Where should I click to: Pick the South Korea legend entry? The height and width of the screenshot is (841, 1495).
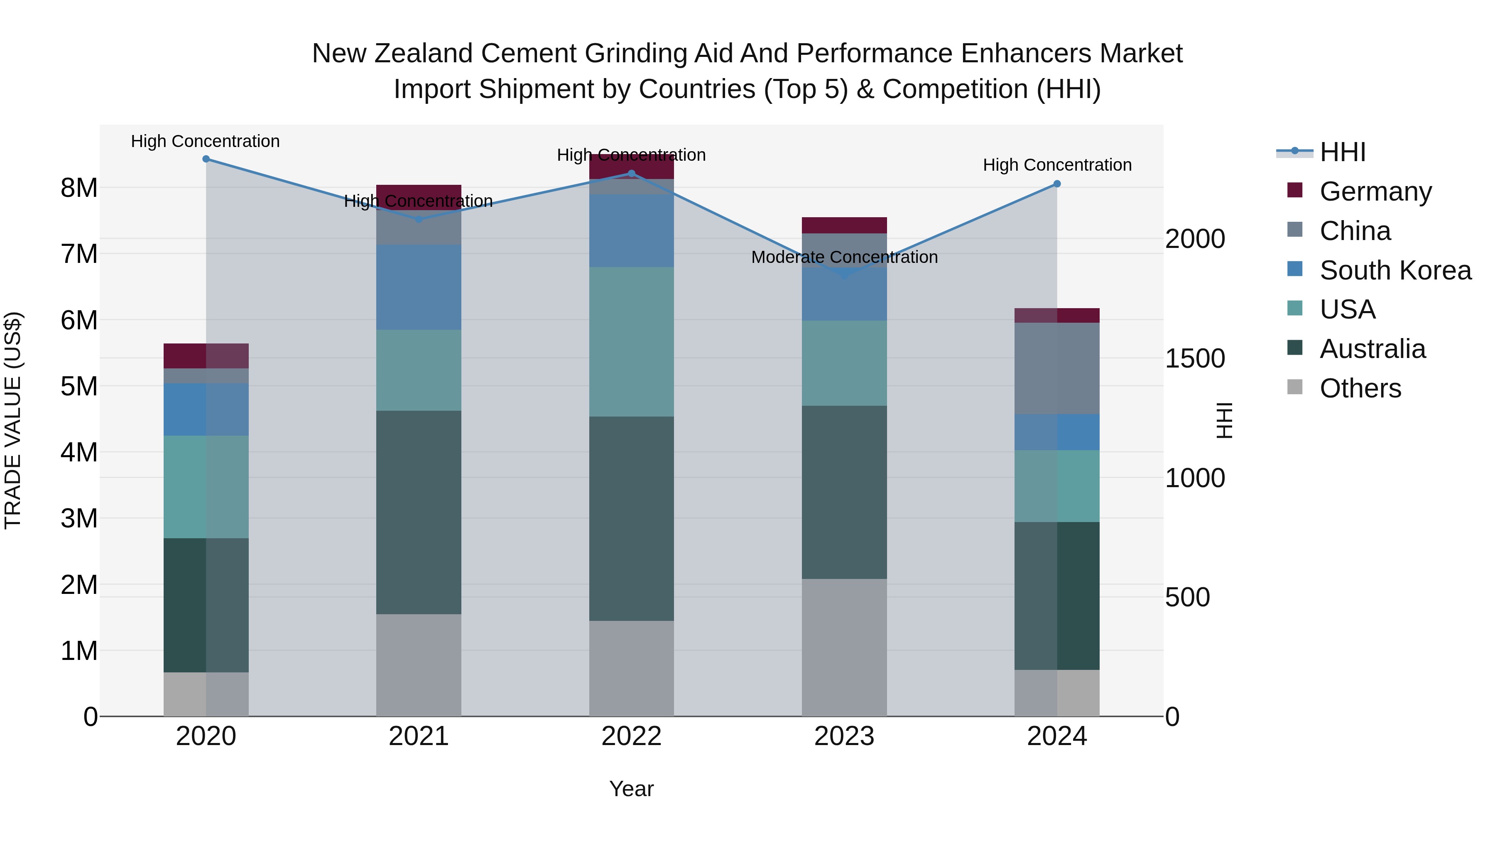click(x=1395, y=270)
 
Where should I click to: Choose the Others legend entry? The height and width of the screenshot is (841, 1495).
click(x=1360, y=388)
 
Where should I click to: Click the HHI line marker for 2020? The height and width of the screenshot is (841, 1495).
click(x=206, y=159)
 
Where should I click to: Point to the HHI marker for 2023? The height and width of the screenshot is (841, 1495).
click(x=844, y=275)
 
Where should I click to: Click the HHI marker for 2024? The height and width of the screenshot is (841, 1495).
click(x=1057, y=184)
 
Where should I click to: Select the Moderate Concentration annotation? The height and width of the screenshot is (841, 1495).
click(x=844, y=257)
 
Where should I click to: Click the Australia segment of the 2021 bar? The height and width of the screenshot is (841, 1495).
click(x=419, y=512)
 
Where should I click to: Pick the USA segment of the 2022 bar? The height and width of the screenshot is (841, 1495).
click(x=631, y=342)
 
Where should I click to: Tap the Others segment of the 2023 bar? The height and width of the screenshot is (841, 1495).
click(x=844, y=647)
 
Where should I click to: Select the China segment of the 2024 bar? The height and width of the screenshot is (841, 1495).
click(x=1057, y=368)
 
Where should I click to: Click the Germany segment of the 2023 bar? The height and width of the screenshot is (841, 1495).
click(x=844, y=225)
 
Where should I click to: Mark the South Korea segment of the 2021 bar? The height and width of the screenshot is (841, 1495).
click(x=419, y=287)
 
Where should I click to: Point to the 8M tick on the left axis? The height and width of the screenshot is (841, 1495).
click(x=79, y=188)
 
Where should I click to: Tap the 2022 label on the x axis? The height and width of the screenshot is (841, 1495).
click(x=631, y=736)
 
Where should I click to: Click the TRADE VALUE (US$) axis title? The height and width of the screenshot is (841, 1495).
click(x=13, y=420)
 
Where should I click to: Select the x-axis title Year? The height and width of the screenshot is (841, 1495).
click(x=631, y=789)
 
